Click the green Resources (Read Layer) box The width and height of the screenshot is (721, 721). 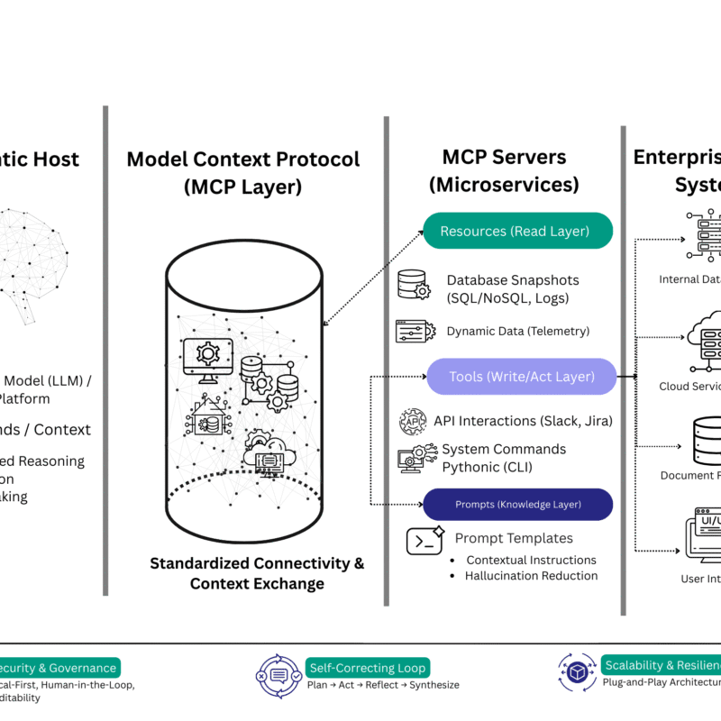tap(517, 231)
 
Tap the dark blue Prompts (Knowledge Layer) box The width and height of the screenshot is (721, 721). tap(517, 504)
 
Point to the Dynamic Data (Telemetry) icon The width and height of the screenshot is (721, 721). tap(415, 331)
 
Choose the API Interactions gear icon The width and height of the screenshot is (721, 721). tap(413, 421)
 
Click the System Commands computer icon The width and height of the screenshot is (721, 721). tap(414, 459)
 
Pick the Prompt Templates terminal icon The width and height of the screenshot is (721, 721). tap(424, 541)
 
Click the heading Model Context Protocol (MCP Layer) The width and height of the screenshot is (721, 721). tap(242, 173)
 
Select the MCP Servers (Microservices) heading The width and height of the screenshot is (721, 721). tap(504, 170)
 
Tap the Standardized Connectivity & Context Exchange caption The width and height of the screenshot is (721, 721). tap(257, 573)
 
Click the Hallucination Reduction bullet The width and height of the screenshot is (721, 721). tap(531, 576)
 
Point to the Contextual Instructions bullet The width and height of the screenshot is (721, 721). tap(532, 560)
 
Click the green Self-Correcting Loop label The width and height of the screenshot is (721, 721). tap(368, 668)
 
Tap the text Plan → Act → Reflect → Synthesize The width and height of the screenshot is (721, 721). tap(383, 685)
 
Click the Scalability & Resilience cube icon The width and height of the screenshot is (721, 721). tap(575, 671)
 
